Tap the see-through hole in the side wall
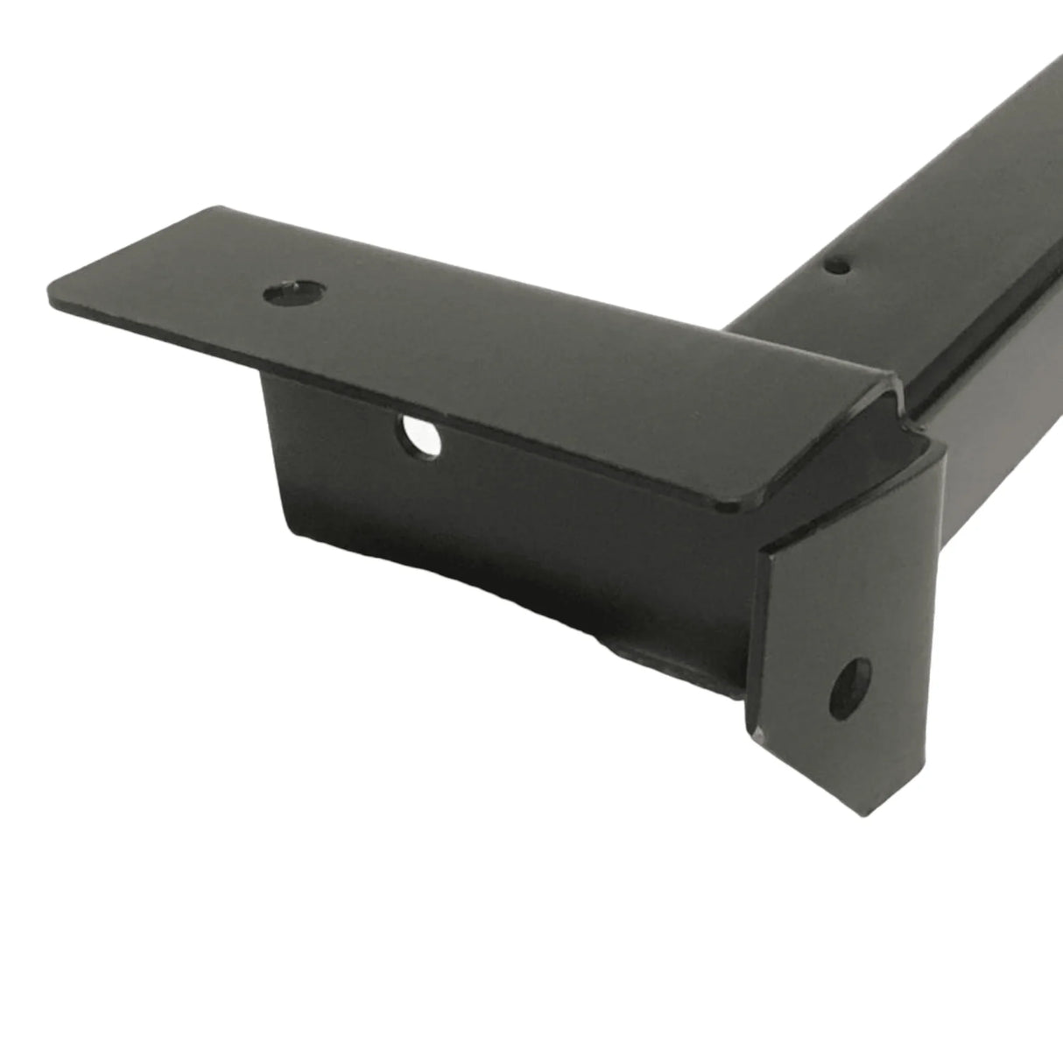coord(422,436)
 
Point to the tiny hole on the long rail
coord(840,262)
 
